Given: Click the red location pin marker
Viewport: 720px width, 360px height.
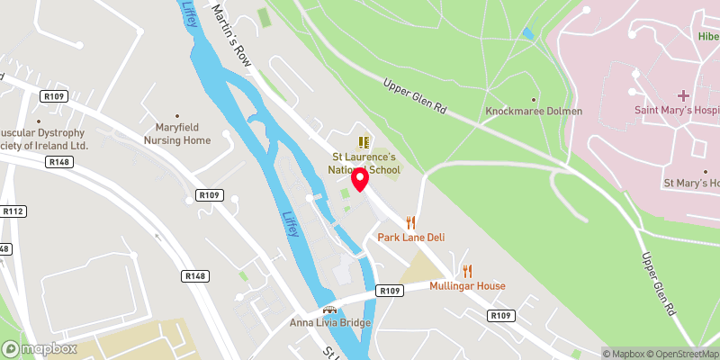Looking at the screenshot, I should point(360,178).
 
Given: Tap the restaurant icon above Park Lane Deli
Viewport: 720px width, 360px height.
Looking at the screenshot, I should point(411,221).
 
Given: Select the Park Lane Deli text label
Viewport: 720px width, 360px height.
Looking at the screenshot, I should point(411,238).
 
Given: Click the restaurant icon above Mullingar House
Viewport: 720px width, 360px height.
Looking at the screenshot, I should point(467,271).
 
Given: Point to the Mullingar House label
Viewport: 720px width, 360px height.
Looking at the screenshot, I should point(467,286).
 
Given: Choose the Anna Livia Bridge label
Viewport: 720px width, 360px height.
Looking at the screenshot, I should point(330,322).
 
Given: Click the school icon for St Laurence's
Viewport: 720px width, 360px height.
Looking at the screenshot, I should point(364,142).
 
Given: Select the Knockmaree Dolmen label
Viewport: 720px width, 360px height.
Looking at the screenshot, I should point(534,112).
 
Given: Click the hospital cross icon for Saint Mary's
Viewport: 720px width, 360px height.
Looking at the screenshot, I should point(683,94).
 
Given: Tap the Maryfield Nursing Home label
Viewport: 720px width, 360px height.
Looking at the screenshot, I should point(177,134).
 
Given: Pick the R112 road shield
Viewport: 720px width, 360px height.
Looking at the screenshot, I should point(13,211).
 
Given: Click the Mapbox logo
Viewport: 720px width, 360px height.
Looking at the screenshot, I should point(40,348).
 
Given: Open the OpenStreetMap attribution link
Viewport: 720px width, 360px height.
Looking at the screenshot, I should point(680,354).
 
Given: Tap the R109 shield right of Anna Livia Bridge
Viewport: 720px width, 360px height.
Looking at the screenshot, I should point(390,292).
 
